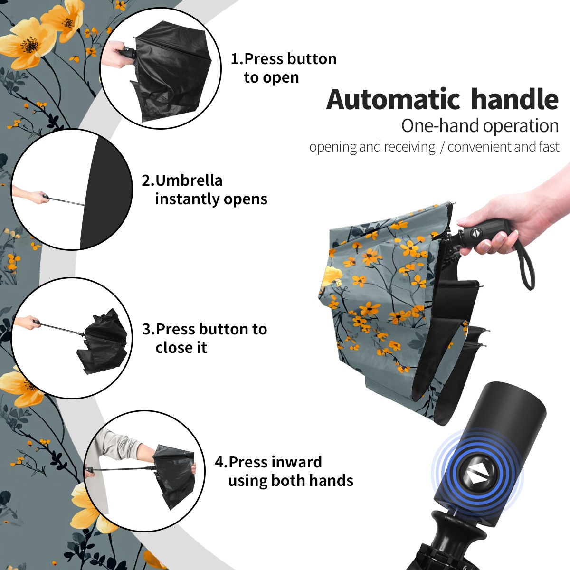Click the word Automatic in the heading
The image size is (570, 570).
click(x=393, y=99)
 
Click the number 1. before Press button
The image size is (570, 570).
click(x=237, y=59)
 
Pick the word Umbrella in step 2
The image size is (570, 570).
click(x=189, y=180)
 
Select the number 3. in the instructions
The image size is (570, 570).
click(x=149, y=329)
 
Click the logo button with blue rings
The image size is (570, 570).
click(x=477, y=475)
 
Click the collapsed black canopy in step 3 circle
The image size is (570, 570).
click(x=102, y=341)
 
